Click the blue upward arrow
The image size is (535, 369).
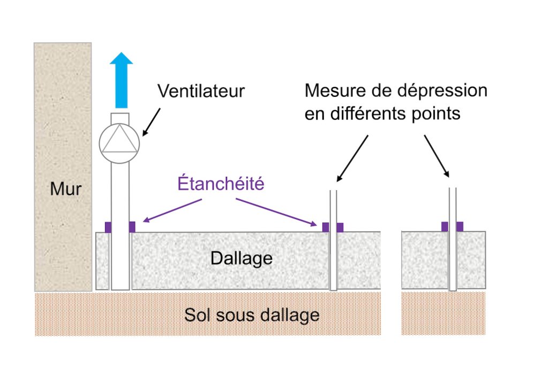click(x=121, y=80)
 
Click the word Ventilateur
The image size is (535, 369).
click(x=201, y=91)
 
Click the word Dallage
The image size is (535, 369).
click(x=242, y=258)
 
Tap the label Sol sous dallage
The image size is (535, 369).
click(x=252, y=315)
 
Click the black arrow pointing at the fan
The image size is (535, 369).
click(x=152, y=122)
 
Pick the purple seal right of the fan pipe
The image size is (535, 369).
click(x=132, y=227)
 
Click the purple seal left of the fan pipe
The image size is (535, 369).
click(x=108, y=227)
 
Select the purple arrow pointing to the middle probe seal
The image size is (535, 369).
click(x=276, y=212)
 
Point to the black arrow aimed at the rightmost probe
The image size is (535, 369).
click(x=436, y=156)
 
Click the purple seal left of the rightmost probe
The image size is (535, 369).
click(x=444, y=227)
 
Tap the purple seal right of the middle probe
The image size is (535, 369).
click(x=340, y=227)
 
